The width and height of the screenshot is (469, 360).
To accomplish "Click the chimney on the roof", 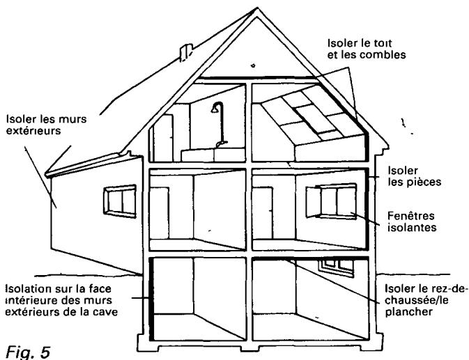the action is click(x=185, y=52).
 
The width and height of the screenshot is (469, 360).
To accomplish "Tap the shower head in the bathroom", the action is click(x=215, y=109).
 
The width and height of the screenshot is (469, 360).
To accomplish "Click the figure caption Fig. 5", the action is click(x=28, y=352).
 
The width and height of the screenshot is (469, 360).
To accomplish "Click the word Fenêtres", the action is click(x=411, y=216).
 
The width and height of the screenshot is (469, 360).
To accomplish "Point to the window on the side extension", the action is click(x=120, y=201).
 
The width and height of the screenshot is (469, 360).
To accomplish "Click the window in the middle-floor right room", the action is click(x=331, y=201).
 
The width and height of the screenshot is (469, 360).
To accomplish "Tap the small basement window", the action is click(x=336, y=267).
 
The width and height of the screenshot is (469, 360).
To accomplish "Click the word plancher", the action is click(x=409, y=312).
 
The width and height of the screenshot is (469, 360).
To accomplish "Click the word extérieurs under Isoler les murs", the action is click(x=33, y=130).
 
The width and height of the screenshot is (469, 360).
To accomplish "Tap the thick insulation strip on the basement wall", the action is click(x=151, y=299).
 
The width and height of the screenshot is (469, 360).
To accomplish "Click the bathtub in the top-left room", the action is click(x=213, y=155).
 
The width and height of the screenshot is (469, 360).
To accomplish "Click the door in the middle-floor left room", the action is click(x=159, y=213).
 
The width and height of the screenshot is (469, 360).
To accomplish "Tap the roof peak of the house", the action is click(x=257, y=8).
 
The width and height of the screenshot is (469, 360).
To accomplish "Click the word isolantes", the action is click(x=412, y=228).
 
